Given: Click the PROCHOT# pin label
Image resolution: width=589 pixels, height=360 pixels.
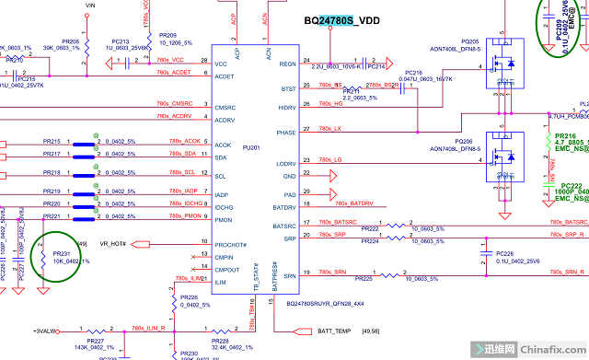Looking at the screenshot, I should point(231,244).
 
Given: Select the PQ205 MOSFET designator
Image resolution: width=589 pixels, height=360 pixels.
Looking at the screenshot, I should point(470,41).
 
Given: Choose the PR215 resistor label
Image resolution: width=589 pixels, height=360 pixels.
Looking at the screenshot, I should point(52,141).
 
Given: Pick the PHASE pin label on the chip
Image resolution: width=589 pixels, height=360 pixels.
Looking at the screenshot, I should point(286,132).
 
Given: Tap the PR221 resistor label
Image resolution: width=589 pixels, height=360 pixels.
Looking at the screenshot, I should point(52,216).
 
